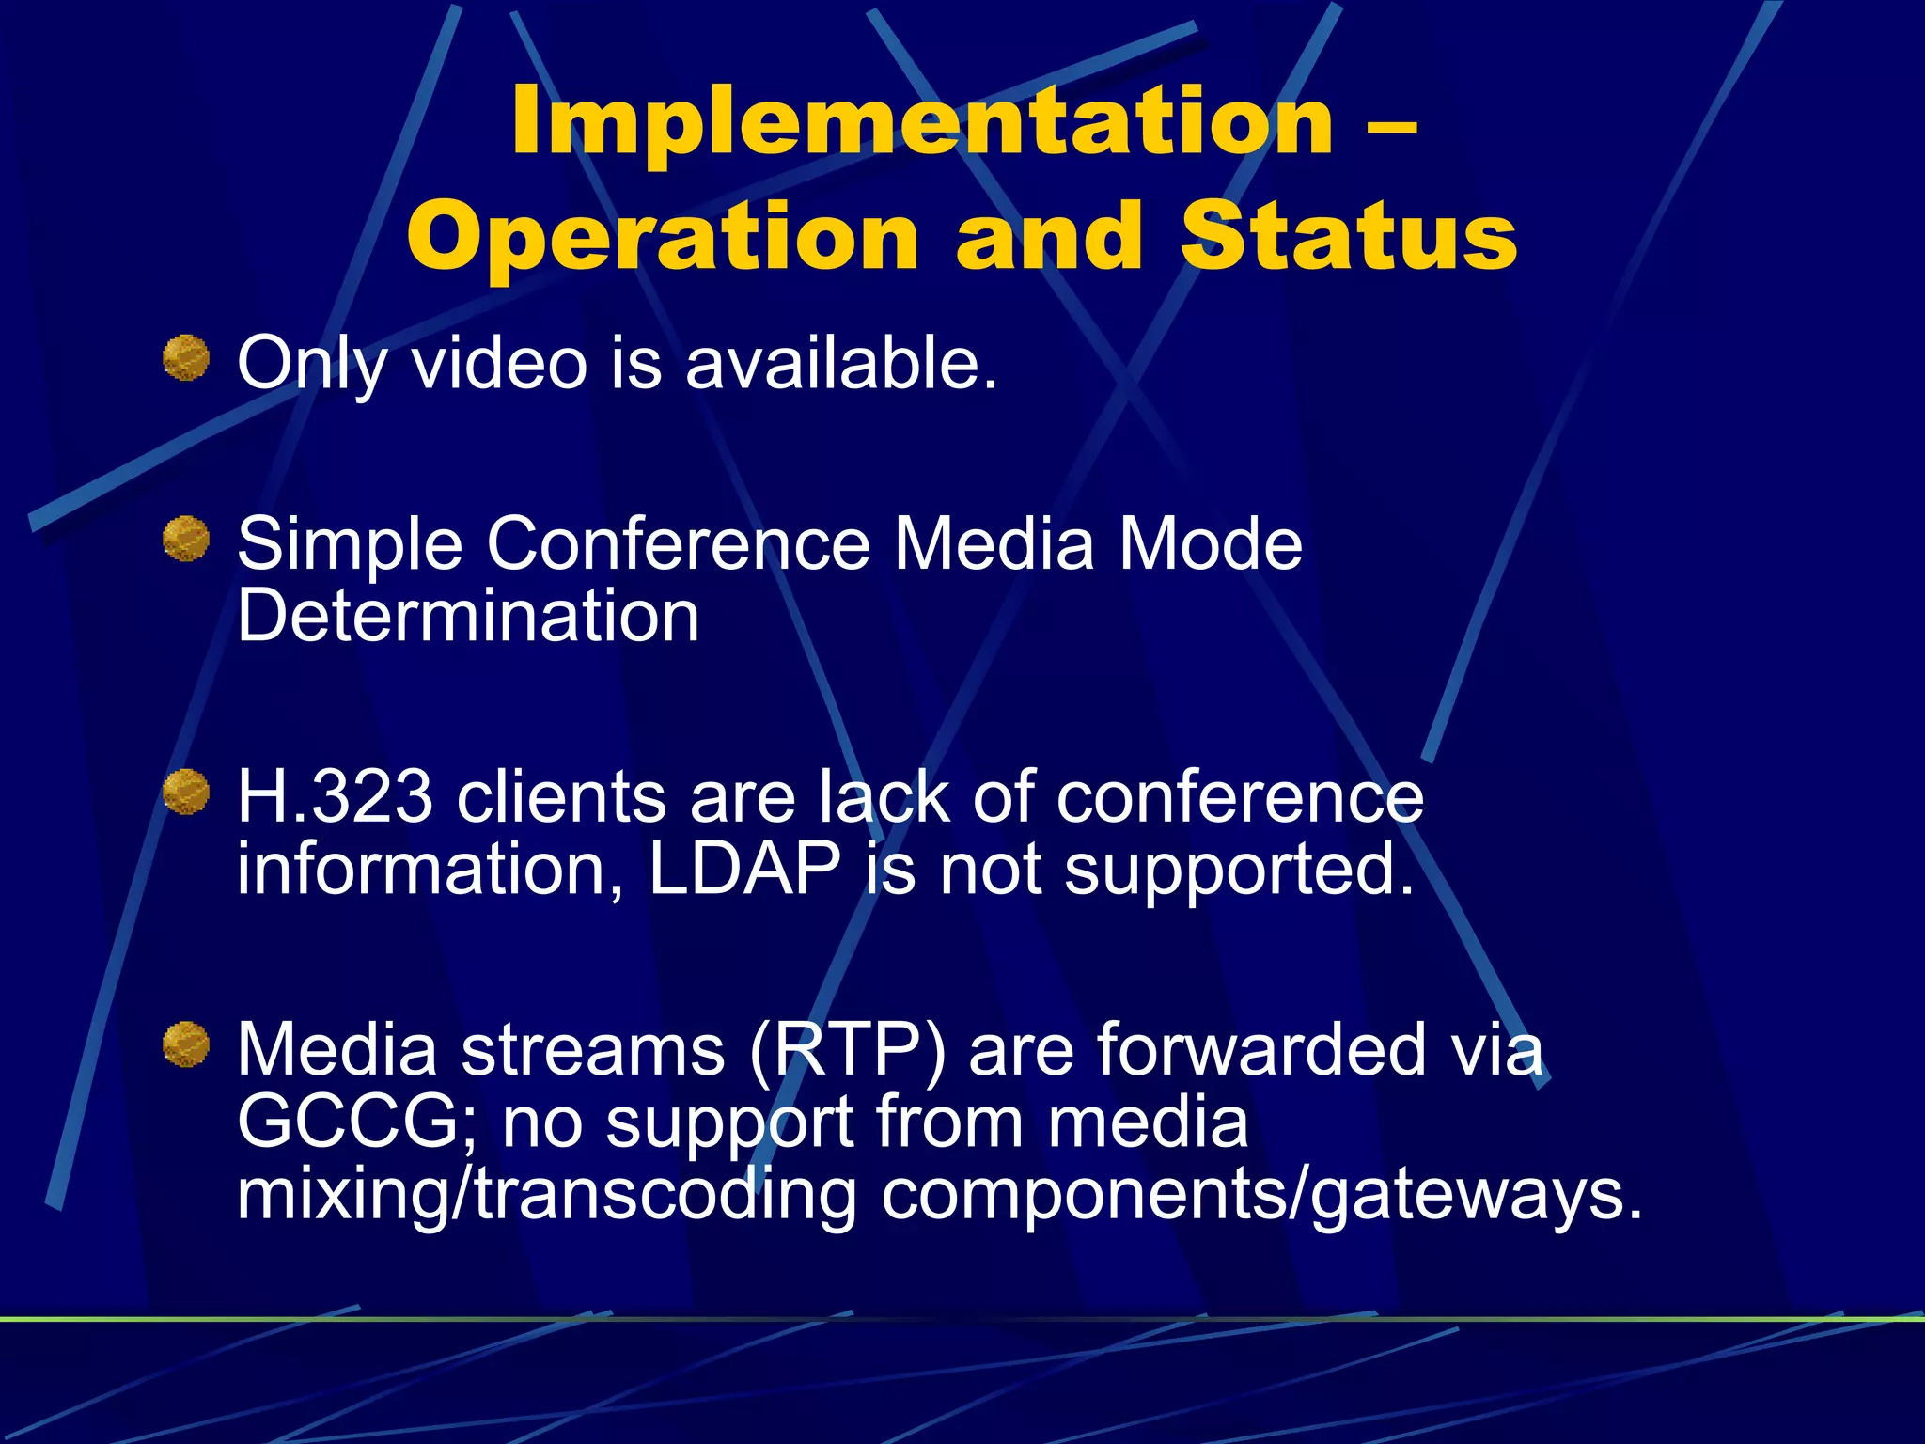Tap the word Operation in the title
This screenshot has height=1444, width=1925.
(x=663, y=238)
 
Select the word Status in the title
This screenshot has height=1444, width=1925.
(x=1348, y=236)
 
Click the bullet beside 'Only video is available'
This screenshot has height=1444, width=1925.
(x=186, y=358)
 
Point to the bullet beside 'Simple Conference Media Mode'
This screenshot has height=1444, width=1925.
(x=186, y=539)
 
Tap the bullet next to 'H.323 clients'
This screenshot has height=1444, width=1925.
(x=186, y=792)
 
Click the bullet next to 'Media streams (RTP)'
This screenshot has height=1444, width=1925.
(x=186, y=1044)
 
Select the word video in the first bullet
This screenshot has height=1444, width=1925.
(x=499, y=363)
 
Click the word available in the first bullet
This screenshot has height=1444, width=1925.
(x=840, y=363)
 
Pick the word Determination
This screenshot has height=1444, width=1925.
(x=468, y=616)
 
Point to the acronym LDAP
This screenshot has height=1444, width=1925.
(x=744, y=869)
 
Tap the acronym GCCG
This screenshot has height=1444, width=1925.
(x=357, y=1122)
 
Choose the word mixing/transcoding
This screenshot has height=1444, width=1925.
(x=546, y=1195)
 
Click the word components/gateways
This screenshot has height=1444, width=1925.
(x=1260, y=1195)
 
